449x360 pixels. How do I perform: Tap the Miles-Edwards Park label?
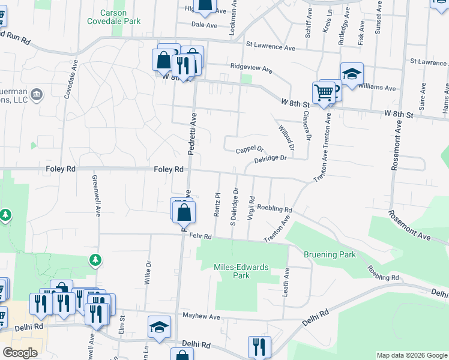coord(241,271)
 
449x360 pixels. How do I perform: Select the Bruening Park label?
coord(330,254)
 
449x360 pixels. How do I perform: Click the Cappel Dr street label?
coord(249,149)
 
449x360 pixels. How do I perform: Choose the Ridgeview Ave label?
coord(250,68)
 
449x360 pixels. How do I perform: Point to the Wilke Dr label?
coord(148,272)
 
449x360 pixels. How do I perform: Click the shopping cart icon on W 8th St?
coord(323,93)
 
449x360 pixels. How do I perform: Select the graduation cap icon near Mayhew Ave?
coord(158,328)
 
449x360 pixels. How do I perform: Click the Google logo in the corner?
coord(20,353)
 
